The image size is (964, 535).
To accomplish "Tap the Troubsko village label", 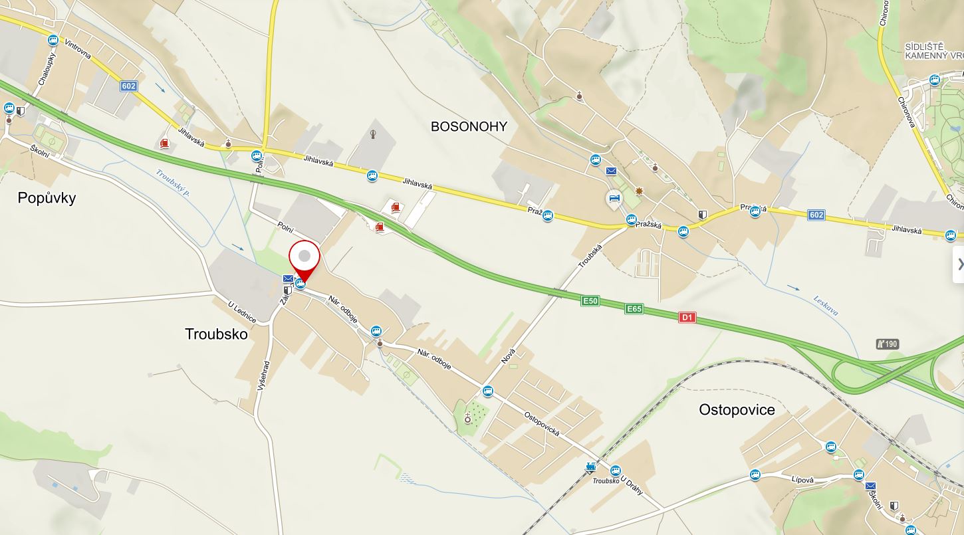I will (x=216, y=334).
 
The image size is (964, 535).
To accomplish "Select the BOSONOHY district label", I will (x=469, y=126).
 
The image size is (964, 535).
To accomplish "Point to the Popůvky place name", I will (x=47, y=198).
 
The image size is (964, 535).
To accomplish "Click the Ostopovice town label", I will (x=737, y=410).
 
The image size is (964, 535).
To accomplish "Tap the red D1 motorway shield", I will (x=687, y=318).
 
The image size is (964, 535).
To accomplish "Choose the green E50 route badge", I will (x=590, y=301).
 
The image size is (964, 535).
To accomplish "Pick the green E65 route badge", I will (x=634, y=309).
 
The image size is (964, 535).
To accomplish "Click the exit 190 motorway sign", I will (x=888, y=344).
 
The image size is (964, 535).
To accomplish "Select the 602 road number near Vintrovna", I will (x=129, y=86).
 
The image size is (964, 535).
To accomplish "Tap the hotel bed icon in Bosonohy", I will (x=614, y=198).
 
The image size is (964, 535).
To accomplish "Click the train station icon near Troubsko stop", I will (x=590, y=467).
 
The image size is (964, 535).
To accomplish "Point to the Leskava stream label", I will (x=825, y=305).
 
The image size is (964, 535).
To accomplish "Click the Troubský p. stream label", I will (x=174, y=183).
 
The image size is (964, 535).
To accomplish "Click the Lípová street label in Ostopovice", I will (x=803, y=479).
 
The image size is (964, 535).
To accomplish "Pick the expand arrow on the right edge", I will (x=959, y=265).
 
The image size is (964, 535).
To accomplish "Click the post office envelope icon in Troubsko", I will (x=288, y=278).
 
